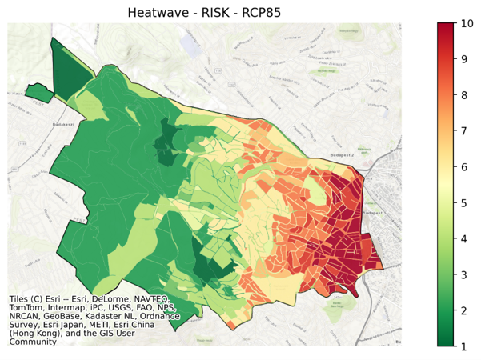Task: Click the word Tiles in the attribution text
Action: point(21,300)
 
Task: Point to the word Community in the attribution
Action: point(33,342)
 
